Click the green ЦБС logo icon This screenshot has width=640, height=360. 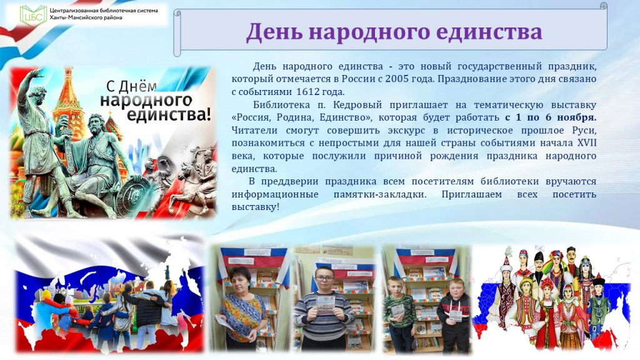32,14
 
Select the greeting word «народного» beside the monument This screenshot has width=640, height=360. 146,100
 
